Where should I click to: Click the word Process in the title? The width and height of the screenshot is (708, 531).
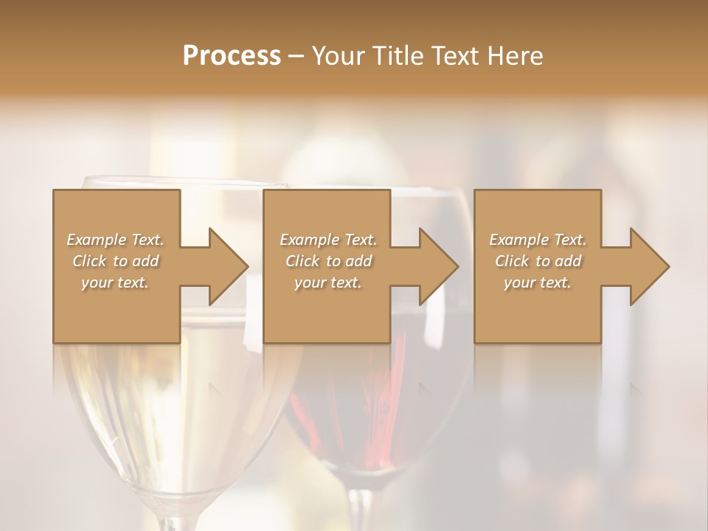(232, 56)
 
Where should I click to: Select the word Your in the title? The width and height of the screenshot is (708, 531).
(339, 56)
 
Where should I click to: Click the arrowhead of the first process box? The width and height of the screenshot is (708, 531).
(225, 266)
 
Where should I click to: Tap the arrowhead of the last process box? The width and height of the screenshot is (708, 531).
(646, 266)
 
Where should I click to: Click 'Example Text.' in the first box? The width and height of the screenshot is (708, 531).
(115, 240)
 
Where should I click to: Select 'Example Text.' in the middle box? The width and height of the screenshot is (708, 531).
(327, 240)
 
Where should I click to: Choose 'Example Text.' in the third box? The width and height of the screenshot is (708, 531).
(538, 240)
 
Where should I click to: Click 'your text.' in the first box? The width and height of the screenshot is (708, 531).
(115, 282)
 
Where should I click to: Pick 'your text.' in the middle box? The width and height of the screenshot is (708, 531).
(327, 282)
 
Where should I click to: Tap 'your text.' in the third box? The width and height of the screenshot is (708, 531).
(538, 282)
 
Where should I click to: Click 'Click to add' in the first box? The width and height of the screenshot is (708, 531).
(115, 261)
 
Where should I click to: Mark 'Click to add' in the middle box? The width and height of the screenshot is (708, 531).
(327, 261)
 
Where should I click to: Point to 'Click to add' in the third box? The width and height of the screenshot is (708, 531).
(538, 261)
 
